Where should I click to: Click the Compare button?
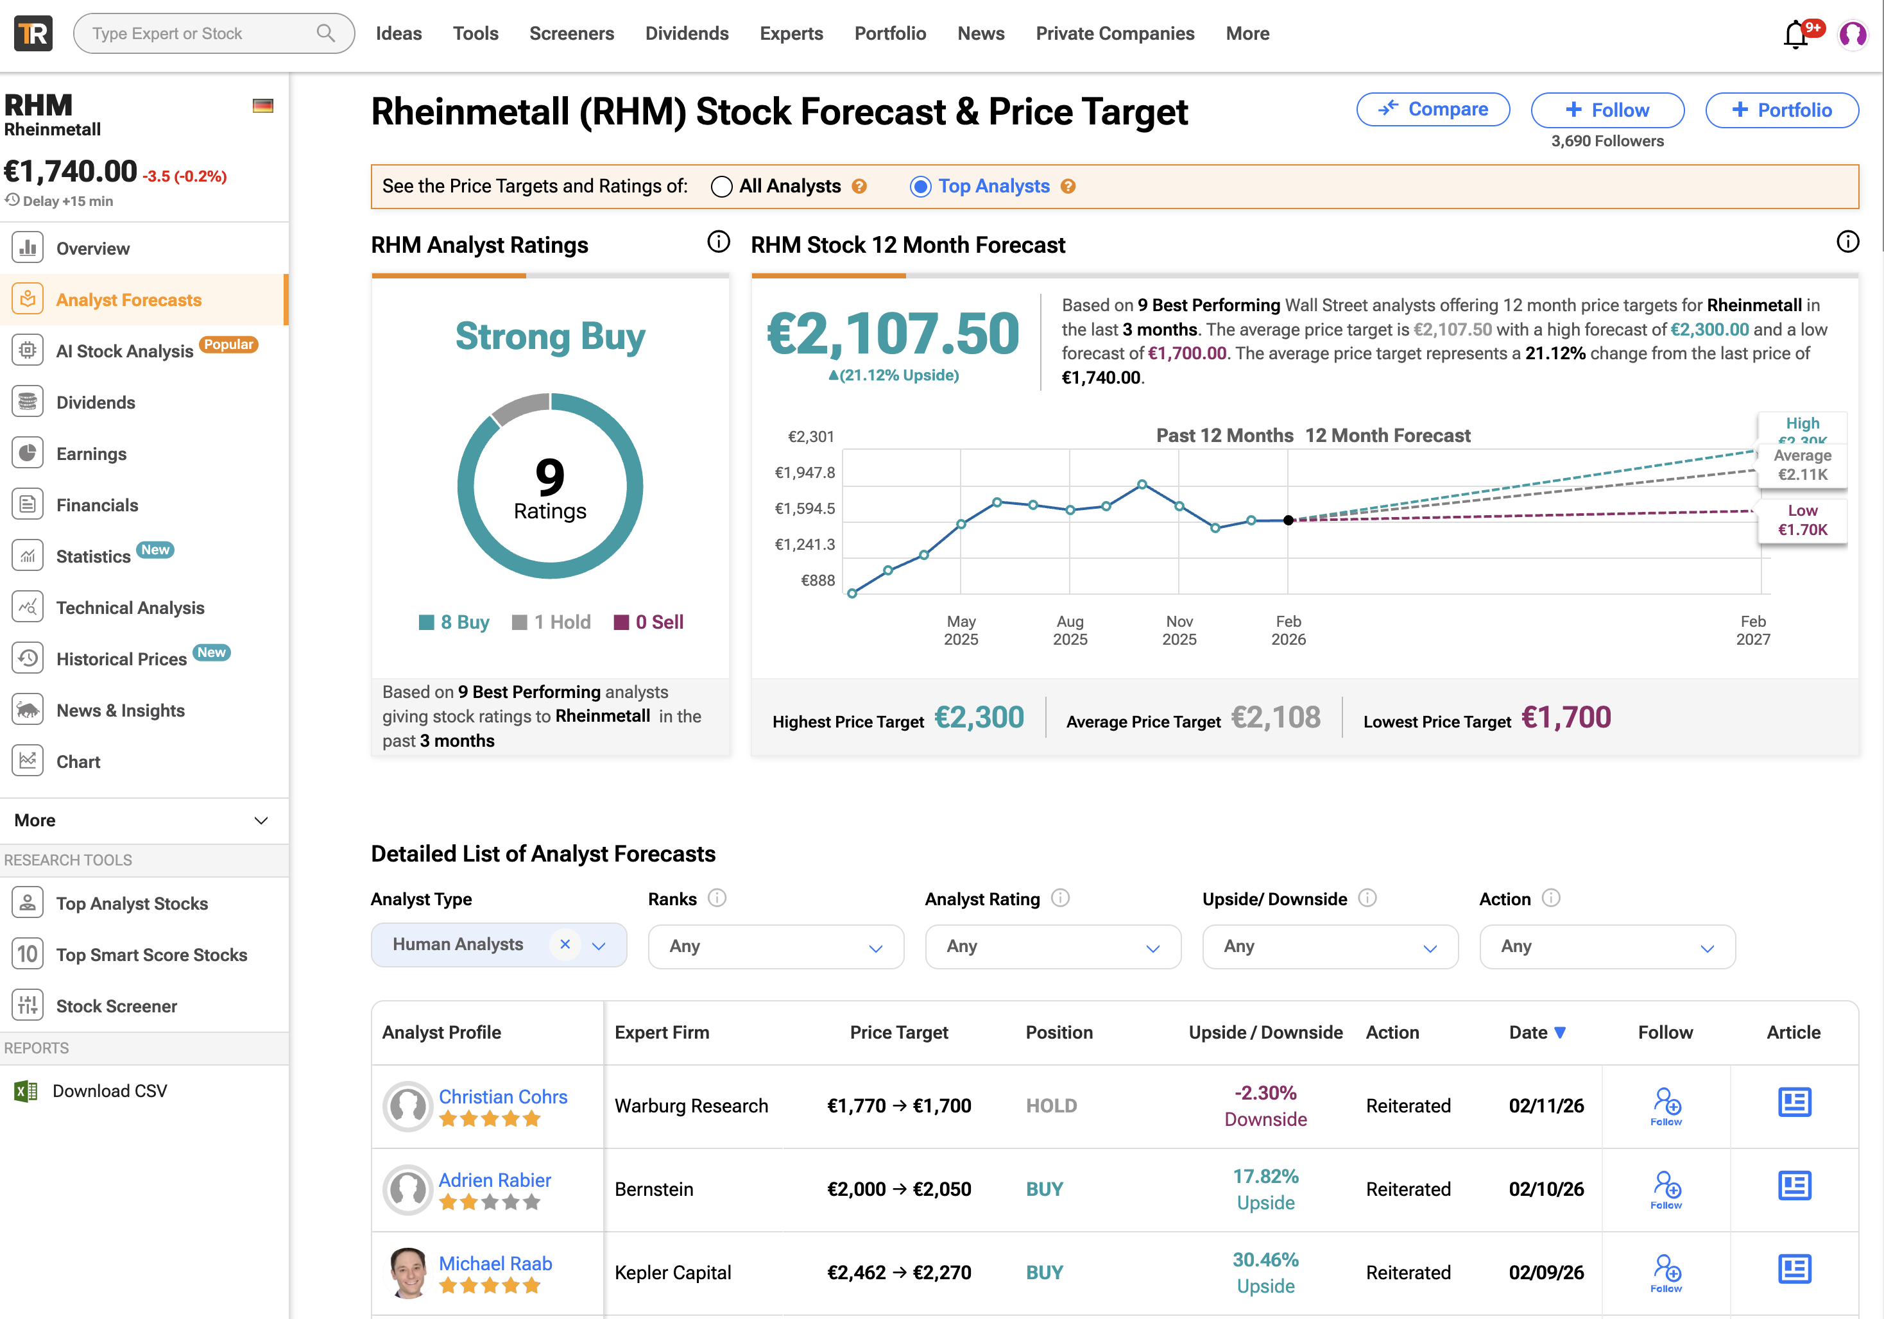(1433, 109)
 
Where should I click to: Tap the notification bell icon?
(1795, 35)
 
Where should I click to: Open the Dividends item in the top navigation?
(687, 33)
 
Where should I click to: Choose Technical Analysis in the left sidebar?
(130, 608)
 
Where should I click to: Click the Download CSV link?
(109, 1091)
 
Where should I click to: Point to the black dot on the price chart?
(1289, 520)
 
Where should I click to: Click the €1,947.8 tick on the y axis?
(804, 472)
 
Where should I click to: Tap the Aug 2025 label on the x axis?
(1070, 630)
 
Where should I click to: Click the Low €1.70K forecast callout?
(1802, 520)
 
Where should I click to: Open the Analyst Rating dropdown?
(1053, 947)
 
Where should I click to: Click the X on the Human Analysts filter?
(565, 944)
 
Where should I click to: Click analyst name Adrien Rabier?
(495, 1180)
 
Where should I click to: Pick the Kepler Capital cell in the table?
(673, 1272)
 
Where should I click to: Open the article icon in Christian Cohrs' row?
(1795, 1102)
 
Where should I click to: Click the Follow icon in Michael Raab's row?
(1666, 1272)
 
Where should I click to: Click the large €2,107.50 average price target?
(893, 333)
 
